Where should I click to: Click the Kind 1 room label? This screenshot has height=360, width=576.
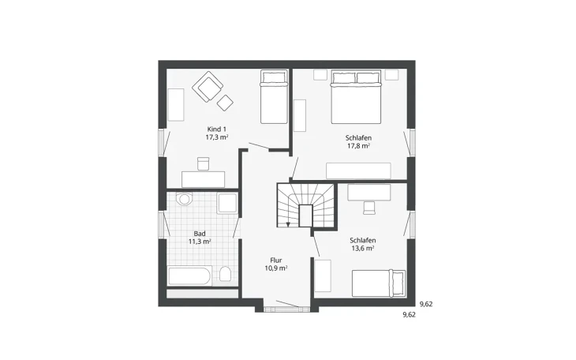pyautogui.click(x=217, y=129)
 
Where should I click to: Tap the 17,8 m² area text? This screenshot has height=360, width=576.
pyautogui.click(x=358, y=145)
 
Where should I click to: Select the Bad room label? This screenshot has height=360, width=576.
pyautogui.click(x=200, y=234)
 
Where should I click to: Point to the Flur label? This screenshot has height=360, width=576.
pyautogui.click(x=276, y=261)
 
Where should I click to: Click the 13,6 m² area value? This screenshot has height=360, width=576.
pyautogui.click(x=363, y=248)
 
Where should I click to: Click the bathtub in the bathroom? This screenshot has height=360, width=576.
pyautogui.click(x=189, y=276)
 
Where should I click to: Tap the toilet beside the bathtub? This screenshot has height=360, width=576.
pyautogui.click(x=225, y=274)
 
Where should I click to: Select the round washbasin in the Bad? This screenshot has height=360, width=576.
pyautogui.click(x=184, y=199)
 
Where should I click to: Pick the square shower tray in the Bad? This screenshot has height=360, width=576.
pyautogui.click(x=227, y=204)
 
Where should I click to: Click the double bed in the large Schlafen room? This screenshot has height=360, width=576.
pyautogui.click(x=357, y=97)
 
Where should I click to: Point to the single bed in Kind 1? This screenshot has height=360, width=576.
pyautogui.click(x=274, y=97)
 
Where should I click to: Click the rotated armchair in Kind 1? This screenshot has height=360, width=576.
pyautogui.click(x=208, y=86)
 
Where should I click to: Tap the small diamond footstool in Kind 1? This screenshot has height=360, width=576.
pyautogui.click(x=225, y=103)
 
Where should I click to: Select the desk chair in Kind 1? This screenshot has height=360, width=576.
pyautogui.click(x=203, y=163)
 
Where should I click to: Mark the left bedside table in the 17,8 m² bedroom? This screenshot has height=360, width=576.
pyautogui.click(x=320, y=75)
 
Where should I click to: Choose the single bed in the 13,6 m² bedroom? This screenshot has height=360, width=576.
pyautogui.click(x=379, y=283)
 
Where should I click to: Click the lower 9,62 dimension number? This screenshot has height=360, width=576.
pyautogui.click(x=410, y=315)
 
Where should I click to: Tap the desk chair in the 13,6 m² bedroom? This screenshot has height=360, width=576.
pyautogui.click(x=368, y=208)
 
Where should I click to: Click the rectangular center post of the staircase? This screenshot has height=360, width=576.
pyautogui.click(x=305, y=216)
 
